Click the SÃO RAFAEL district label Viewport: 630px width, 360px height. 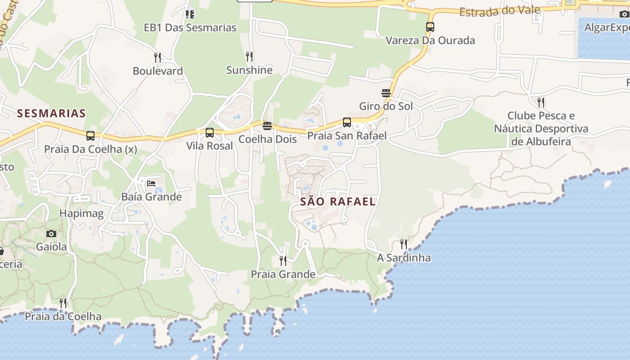(x=337, y=202)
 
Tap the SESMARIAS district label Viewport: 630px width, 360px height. (x=51, y=113)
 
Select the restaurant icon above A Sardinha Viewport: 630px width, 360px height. (x=404, y=244)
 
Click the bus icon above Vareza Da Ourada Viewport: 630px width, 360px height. (x=430, y=27)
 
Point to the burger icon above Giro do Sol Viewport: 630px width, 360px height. (x=386, y=93)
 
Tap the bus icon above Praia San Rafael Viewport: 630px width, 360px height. (x=346, y=122)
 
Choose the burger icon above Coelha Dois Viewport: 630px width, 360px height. (x=267, y=126)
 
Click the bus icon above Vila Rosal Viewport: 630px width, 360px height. (x=210, y=133)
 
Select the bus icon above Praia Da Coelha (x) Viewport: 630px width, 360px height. (x=90, y=136)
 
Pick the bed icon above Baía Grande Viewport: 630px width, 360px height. (x=151, y=184)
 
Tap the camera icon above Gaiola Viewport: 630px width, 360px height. (x=51, y=234)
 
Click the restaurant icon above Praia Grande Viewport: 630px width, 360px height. (x=283, y=261)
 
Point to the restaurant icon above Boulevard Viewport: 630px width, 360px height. (x=157, y=58)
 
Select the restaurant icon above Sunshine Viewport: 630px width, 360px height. (x=249, y=57)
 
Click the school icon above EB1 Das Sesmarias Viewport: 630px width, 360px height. (x=190, y=14)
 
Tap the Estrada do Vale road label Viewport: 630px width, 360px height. (x=499, y=11)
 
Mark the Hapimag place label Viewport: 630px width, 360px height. (x=81, y=213)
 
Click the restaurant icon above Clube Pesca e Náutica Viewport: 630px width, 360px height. (x=541, y=102)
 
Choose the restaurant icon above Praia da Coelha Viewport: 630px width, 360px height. (x=63, y=303)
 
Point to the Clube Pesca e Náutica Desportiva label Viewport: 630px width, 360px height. (x=541, y=129)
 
